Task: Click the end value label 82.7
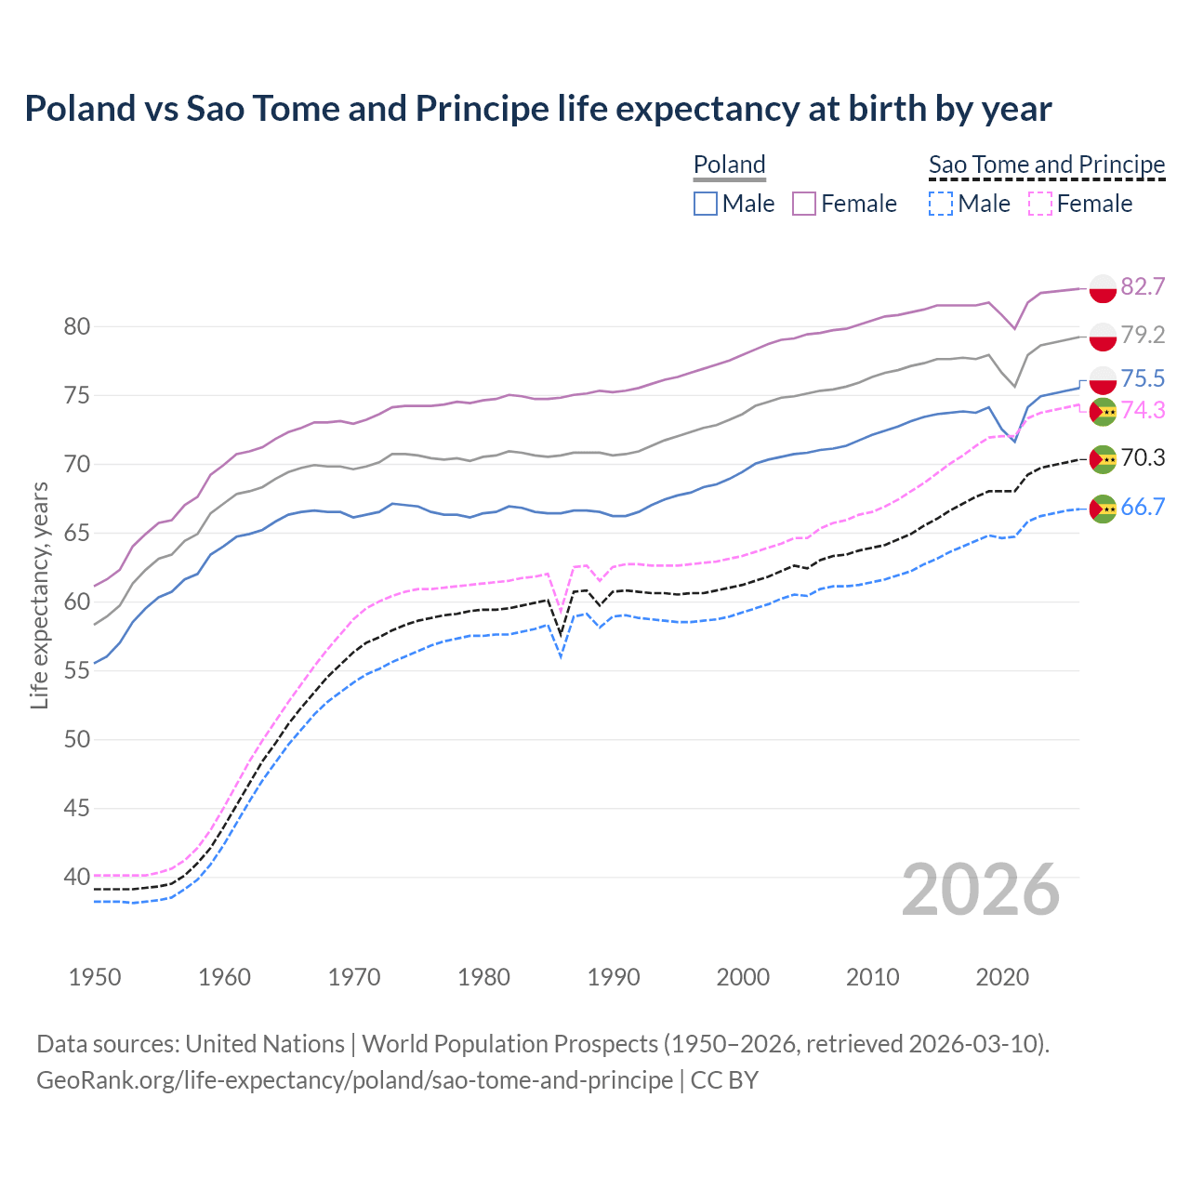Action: point(1143,286)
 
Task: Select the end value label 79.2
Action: point(1143,335)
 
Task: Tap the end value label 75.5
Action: point(1143,378)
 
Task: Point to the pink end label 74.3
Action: point(1143,410)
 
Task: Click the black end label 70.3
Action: point(1143,457)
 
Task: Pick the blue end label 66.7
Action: point(1143,507)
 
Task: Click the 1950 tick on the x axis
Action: point(95,977)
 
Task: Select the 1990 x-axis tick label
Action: point(614,977)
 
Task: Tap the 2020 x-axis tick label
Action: point(1002,977)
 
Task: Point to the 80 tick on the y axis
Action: point(76,326)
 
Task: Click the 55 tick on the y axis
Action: point(76,671)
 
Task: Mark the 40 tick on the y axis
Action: point(76,877)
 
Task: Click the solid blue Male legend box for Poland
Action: point(706,204)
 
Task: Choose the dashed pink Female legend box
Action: point(1040,204)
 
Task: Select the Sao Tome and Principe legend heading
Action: point(1047,165)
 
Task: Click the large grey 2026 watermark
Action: point(981,890)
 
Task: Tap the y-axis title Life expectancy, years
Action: point(39,595)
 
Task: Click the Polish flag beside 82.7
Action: point(1103,288)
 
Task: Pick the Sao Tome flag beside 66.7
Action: point(1103,509)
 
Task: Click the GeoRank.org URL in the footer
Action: point(354,1080)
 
